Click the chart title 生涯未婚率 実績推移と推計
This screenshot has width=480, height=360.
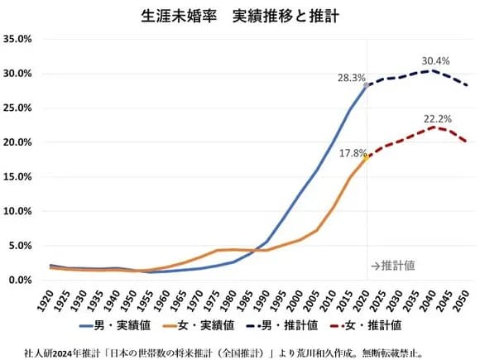click(239, 16)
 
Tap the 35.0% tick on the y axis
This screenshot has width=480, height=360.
click(17, 39)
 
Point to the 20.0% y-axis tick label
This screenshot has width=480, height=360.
click(17, 142)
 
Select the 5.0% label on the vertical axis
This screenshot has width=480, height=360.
click(20, 246)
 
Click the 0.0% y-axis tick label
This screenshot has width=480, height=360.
click(20, 281)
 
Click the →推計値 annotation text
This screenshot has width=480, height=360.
click(395, 266)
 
